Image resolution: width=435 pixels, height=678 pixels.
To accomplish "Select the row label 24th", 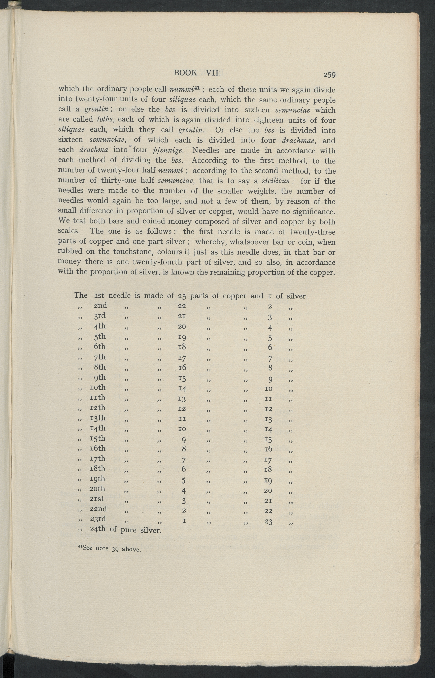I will pyautogui.click(x=98, y=528).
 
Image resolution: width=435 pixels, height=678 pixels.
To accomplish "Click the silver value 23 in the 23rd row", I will pyautogui.click(x=268, y=522).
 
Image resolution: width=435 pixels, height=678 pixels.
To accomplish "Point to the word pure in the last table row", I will pyautogui.click(x=129, y=530).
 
